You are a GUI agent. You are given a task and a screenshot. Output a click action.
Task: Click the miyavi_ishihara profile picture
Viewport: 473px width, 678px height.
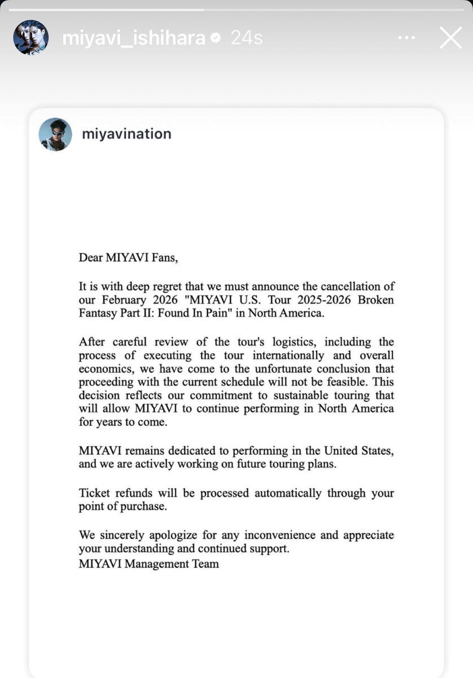tap(31, 38)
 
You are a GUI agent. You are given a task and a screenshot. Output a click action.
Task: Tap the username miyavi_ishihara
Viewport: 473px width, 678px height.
tap(133, 38)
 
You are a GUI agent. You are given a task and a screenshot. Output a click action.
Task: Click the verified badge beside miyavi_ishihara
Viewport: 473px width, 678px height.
tap(215, 38)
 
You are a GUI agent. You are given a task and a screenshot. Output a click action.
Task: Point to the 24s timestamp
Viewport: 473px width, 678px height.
tap(247, 38)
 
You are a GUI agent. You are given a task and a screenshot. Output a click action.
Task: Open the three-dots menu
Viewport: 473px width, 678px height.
tap(406, 38)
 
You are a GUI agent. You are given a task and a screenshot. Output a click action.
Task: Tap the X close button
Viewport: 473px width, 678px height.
tap(450, 38)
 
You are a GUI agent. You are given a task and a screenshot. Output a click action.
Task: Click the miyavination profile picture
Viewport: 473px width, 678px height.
tap(55, 134)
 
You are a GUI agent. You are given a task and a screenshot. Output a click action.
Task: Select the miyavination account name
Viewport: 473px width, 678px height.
tap(126, 134)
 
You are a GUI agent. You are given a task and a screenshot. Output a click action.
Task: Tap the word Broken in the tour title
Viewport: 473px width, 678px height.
tap(375, 300)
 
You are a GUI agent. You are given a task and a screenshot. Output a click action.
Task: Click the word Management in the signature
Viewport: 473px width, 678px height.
tap(152, 563)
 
